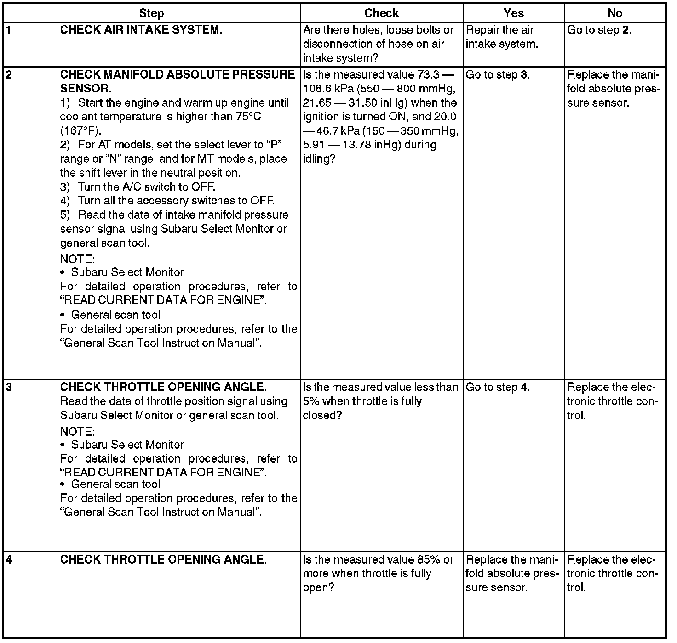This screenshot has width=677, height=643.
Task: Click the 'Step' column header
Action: (x=151, y=13)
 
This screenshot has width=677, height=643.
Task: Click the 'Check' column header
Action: (x=381, y=13)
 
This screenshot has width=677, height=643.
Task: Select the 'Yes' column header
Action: (x=513, y=13)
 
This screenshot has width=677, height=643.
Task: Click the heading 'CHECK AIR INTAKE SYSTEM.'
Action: (x=141, y=30)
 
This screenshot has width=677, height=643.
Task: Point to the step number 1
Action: (x=9, y=30)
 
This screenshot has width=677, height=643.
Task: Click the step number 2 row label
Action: (x=9, y=75)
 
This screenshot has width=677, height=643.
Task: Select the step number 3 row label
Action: (x=9, y=387)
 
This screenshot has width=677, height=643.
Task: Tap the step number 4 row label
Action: (x=9, y=559)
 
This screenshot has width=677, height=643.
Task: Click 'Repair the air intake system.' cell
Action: (x=501, y=37)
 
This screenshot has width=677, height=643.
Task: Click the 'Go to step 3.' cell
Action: (x=498, y=75)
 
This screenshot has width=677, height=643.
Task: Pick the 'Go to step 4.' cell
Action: (x=498, y=387)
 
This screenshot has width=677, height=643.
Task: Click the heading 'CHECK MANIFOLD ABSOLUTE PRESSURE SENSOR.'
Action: (x=177, y=81)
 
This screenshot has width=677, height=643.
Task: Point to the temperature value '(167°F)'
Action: (x=80, y=130)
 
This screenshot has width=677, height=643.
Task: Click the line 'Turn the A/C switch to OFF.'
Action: (x=146, y=187)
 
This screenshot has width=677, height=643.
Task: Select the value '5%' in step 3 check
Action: (x=311, y=401)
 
